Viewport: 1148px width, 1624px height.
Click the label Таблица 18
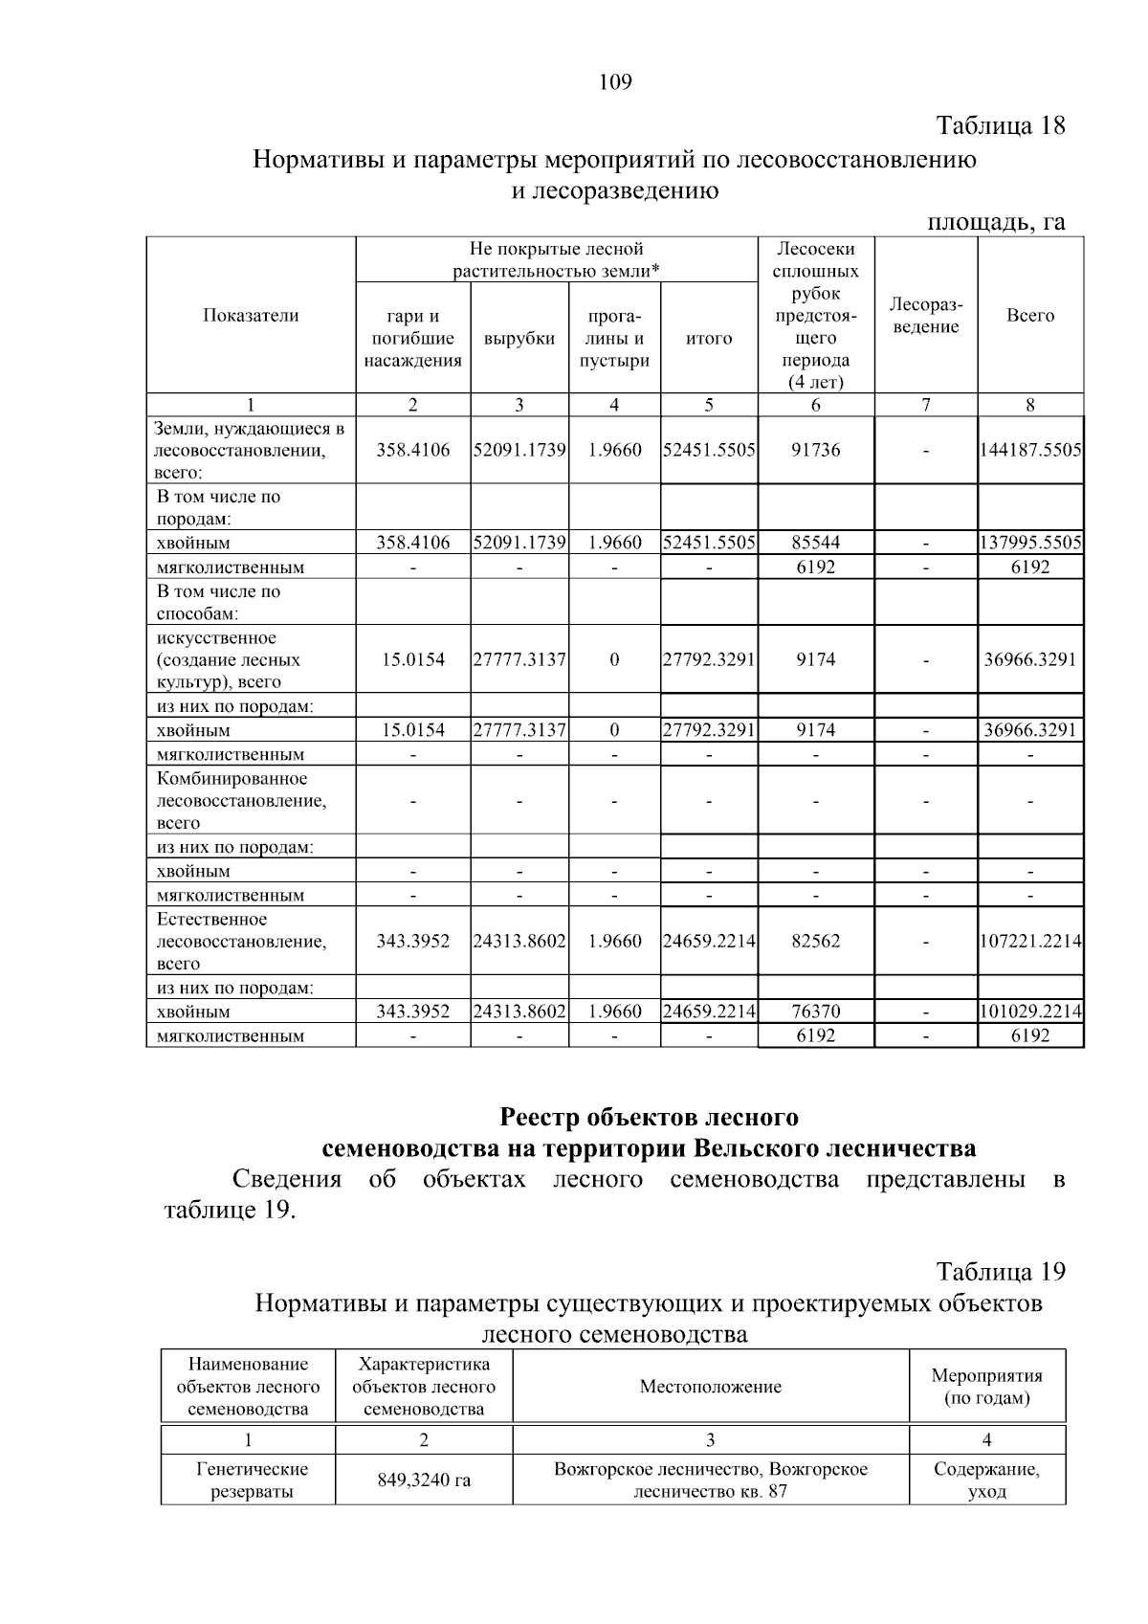click(x=1000, y=125)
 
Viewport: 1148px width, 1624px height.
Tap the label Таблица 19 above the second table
click(x=1000, y=1272)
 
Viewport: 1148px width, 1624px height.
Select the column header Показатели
click(x=251, y=316)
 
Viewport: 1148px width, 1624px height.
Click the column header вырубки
click(x=519, y=339)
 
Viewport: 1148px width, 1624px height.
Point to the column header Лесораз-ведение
click(x=925, y=316)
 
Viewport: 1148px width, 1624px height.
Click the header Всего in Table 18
click(x=1029, y=316)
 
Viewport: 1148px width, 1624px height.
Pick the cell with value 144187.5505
click(x=1029, y=450)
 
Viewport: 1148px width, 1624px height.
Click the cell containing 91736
click(x=815, y=450)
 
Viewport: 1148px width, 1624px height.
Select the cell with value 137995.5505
click(x=1029, y=543)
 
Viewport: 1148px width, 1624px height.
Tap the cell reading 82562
click(x=815, y=941)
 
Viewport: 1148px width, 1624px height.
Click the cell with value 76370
click(x=815, y=1012)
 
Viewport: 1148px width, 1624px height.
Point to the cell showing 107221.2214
click(x=1029, y=941)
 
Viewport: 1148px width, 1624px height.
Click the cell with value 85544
click(x=815, y=543)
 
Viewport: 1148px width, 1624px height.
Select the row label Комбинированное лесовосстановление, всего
click(x=241, y=800)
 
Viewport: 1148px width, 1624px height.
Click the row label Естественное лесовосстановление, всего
click(x=241, y=941)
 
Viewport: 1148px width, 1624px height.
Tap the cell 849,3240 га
click(x=424, y=1480)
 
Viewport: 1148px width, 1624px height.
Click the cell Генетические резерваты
click(x=248, y=1480)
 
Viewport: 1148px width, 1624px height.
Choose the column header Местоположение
click(x=710, y=1387)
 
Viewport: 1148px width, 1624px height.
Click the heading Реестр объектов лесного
click(x=650, y=1117)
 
